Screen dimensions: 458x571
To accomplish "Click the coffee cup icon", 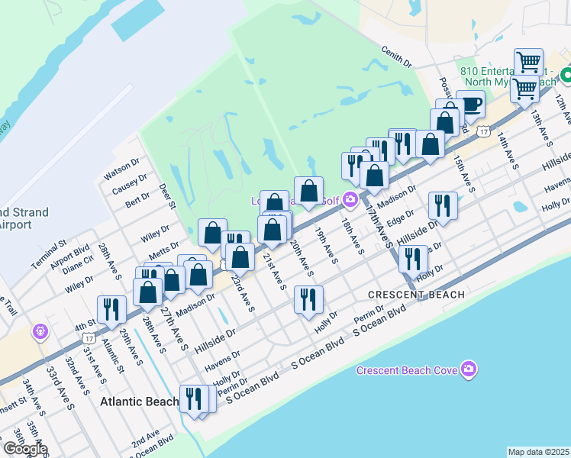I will (x=470, y=105).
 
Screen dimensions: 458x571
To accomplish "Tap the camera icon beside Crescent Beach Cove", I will (x=469, y=370).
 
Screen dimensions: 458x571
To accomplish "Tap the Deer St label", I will (x=168, y=195).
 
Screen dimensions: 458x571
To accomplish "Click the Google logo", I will (x=24, y=449).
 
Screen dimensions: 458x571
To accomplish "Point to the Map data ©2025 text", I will (x=538, y=452).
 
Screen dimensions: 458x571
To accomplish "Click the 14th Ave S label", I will (x=508, y=153).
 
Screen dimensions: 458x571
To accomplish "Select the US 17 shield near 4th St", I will (x=91, y=335).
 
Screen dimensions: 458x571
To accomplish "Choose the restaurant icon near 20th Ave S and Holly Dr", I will (x=308, y=300).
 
